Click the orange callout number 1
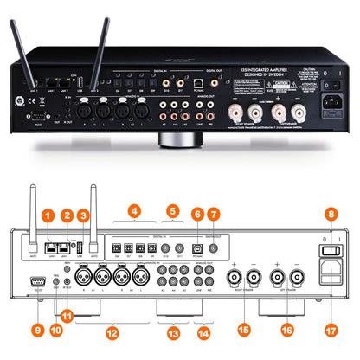48,214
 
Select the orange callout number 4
134,210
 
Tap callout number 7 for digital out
215,213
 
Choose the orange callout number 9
37,329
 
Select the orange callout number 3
85,214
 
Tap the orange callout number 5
172,210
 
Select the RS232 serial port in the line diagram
36,280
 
